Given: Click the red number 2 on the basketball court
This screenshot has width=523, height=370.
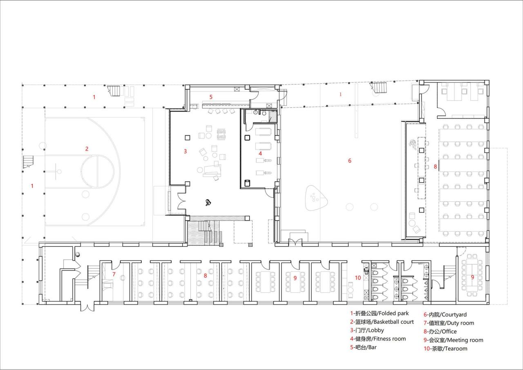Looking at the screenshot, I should pos(87,149).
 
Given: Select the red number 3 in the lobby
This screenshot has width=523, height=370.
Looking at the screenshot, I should pos(185,152).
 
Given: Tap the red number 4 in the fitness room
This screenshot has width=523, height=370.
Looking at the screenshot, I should pos(260,154).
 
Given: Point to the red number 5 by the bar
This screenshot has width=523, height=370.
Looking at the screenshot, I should pos(211,97).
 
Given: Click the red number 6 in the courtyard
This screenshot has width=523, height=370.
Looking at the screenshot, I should pos(349,161).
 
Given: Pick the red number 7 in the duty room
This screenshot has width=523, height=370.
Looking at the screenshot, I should pos(114,274).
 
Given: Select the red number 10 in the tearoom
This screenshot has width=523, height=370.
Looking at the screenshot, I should pos(358,278).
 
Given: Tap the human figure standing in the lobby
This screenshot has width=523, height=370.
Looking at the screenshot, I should pos(208,202).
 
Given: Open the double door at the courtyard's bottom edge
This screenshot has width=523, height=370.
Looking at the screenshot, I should pos(295,242).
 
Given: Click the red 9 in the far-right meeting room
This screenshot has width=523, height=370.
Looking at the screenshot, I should pos(472,277).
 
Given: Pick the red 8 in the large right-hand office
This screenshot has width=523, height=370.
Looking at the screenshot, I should pos(435,167).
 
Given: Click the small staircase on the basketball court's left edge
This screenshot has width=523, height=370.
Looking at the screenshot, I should pos(27,162).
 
